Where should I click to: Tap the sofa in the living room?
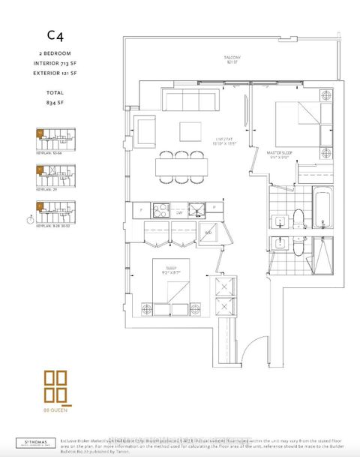[191, 101]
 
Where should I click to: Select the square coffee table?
[190, 131]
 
